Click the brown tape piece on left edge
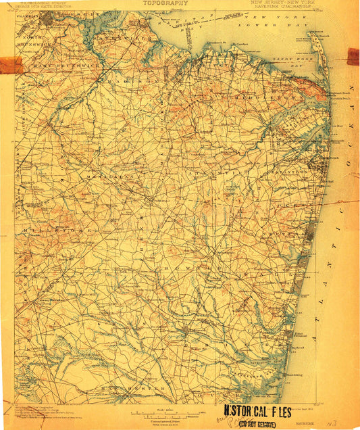click(x=11, y=65)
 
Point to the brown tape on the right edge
click(x=353, y=56)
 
